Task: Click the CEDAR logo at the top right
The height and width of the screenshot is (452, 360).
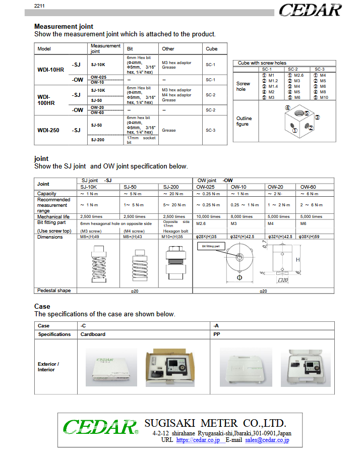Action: [x=310, y=10]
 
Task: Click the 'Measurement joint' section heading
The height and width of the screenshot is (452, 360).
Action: [x=64, y=26]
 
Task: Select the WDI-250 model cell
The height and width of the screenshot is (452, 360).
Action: [x=48, y=130]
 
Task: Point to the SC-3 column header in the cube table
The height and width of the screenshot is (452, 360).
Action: [x=319, y=69]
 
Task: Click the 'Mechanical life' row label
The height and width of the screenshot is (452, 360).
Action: [x=53, y=216]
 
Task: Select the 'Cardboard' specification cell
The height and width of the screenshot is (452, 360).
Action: [x=93, y=334]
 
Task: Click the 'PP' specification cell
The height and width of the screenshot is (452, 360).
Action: [x=217, y=334]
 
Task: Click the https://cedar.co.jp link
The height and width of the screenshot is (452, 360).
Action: [x=198, y=440]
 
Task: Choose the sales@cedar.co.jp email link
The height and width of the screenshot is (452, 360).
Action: [x=267, y=440]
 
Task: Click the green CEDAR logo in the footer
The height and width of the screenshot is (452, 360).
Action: [x=99, y=427]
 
